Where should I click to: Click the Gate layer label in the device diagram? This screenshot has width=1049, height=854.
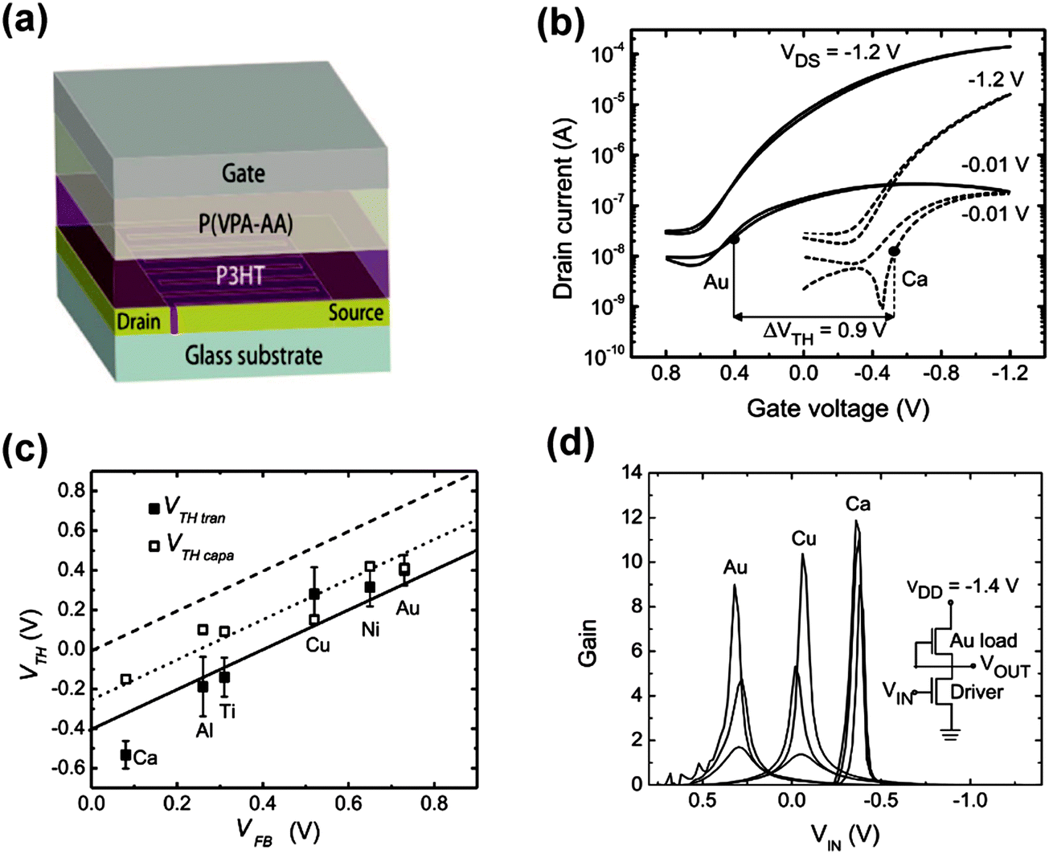(x=243, y=173)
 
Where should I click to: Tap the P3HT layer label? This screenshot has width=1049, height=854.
(x=240, y=276)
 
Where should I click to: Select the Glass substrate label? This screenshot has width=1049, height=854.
(x=253, y=355)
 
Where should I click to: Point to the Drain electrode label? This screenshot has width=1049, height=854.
(x=138, y=322)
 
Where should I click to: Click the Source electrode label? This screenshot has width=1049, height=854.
(x=355, y=312)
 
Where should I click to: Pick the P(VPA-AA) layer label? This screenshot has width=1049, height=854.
(x=245, y=223)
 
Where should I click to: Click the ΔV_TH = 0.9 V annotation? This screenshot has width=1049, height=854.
(x=825, y=330)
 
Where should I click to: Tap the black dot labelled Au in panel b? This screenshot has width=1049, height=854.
(x=734, y=239)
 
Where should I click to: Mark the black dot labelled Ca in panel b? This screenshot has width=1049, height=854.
(x=894, y=251)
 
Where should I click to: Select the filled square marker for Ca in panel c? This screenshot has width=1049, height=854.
(x=125, y=754)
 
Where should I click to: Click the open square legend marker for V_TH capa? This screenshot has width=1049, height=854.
(x=154, y=546)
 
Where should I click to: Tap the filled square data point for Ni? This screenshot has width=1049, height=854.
(x=370, y=587)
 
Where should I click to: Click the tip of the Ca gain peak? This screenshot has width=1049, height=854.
(x=856, y=521)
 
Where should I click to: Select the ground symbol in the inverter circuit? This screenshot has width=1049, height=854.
(x=951, y=734)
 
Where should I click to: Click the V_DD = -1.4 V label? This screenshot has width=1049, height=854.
(x=963, y=587)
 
